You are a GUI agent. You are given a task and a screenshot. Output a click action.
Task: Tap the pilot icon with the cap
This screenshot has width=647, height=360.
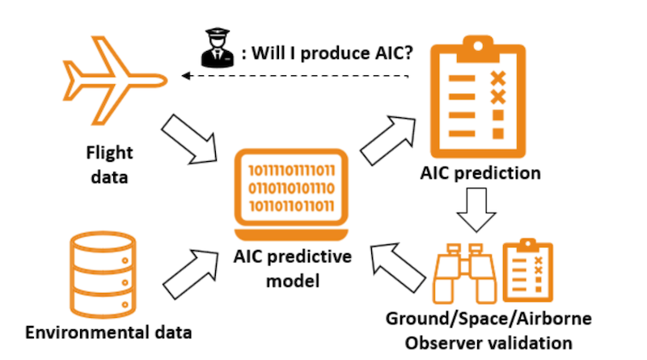[x=214, y=49]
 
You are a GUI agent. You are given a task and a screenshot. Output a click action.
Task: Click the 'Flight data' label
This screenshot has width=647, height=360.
[x=109, y=165]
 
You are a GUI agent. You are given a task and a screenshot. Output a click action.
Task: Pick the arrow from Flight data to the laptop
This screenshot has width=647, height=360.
[x=191, y=136]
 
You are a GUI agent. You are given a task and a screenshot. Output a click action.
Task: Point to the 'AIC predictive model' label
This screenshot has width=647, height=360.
[x=293, y=269]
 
